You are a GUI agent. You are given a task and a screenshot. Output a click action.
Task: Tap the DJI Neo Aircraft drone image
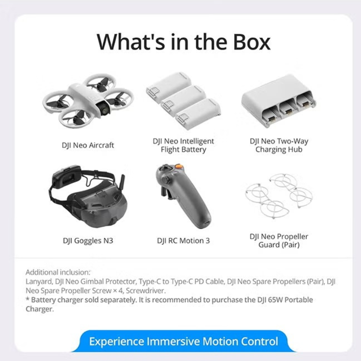point(94,100)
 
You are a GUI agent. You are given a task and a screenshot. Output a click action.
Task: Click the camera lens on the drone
point(103,108)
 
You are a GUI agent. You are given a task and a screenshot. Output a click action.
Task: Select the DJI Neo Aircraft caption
point(88,145)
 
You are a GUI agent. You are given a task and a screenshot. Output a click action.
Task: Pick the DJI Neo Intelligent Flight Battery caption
point(183,145)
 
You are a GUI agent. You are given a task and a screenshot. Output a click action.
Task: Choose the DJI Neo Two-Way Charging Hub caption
point(279,145)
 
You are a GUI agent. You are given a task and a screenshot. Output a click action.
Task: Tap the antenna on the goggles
point(122,184)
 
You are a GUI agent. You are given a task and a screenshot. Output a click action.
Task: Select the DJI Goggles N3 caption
point(88,241)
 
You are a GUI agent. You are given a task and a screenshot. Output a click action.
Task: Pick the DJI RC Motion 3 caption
point(183,241)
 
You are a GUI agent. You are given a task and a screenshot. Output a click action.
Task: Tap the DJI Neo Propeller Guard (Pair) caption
point(279,241)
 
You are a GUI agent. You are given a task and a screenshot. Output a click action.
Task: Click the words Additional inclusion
point(58,272)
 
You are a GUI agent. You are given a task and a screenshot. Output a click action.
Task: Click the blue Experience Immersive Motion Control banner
point(183,341)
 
